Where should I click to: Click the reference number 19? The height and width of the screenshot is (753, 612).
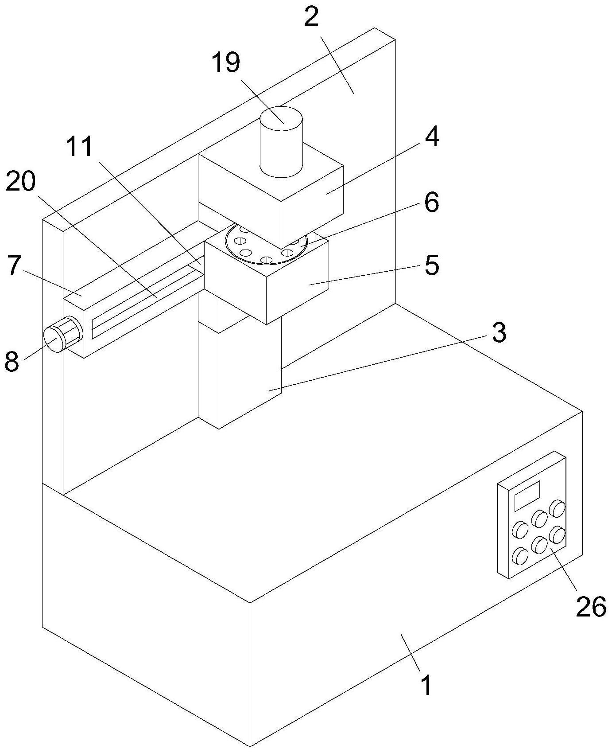click(x=226, y=62)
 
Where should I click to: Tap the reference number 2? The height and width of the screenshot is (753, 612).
click(x=311, y=17)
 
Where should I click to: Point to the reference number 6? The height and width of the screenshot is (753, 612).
click(x=431, y=202)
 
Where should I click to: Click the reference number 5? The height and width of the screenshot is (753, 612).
click(x=431, y=265)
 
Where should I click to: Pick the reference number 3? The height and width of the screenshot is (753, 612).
click(x=499, y=332)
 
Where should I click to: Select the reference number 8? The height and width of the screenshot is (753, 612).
click(x=12, y=361)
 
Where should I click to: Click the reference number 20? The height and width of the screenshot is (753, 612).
click(x=21, y=182)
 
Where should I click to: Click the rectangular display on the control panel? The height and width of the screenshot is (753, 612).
click(x=527, y=495)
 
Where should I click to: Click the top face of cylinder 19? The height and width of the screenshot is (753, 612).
click(x=281, y=119)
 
